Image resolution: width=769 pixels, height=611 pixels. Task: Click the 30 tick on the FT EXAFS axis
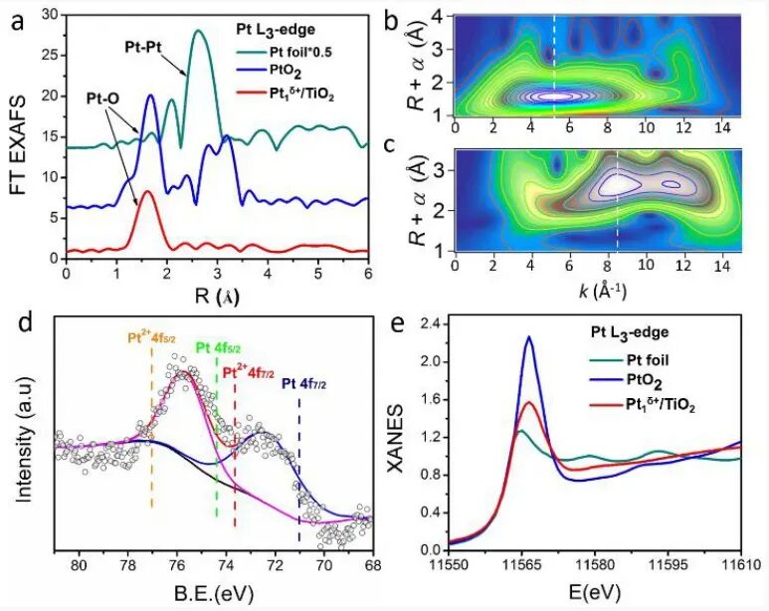click(x=50, y=14)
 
